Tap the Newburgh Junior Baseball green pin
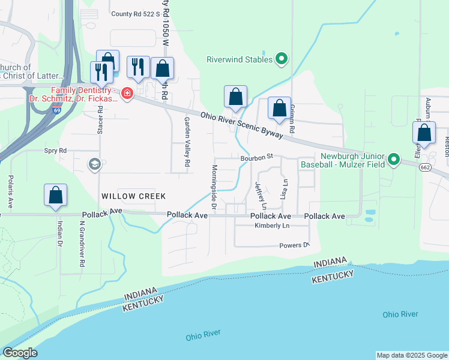(x=394, y=159)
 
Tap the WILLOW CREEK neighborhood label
(x=133, y=196)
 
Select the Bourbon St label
(x=257, y=157)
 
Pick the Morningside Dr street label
(x=214, y=182)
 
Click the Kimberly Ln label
(x=272, y=226)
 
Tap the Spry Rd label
(x=55, y=151)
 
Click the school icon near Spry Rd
(x=94, y=164)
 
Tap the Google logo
(x=20, y=353)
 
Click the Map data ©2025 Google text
(x=412, y=355)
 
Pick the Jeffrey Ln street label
(x=259, y=196)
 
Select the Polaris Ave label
(x=10, y=192)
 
